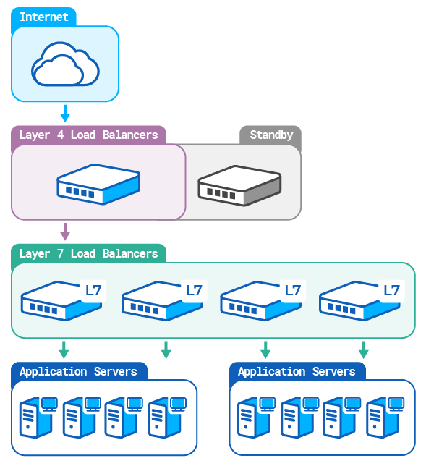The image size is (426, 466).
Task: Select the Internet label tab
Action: (x=43, y=17)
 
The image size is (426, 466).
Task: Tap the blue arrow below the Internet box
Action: (x=64, y=113)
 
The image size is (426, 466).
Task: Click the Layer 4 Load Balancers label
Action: (x=88, y=135)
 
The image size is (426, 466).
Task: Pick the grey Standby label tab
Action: (x=271, y=135)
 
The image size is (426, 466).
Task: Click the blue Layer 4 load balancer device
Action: (x=98, y=183)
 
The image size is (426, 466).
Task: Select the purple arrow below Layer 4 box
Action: (x=65, y=231)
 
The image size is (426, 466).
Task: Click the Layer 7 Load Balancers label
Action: (x=88, y=253)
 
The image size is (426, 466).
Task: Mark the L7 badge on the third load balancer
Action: (x=292, y=291)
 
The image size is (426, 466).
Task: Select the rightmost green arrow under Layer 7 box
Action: (x=363, y=349)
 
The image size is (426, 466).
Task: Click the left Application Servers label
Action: (x=78, y=371)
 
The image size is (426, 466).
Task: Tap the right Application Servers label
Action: (x=297, y=371)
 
